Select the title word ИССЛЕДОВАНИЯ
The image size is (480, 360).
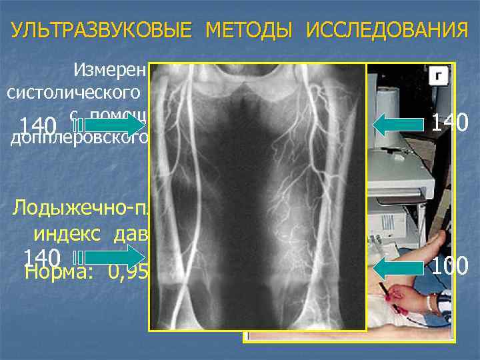point(387,31)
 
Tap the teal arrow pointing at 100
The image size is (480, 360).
point(400,269)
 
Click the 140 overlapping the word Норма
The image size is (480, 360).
point(41,257)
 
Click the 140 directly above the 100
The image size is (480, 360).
point(449,122)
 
